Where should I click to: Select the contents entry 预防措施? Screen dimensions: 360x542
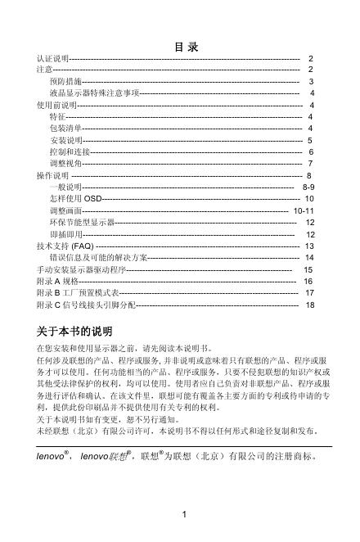click(x=65, y=83)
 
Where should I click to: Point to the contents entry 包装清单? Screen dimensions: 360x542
click(x=65, y=129)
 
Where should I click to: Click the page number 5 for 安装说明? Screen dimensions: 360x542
click(x=311, y=141)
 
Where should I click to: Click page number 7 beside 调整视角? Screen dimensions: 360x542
click(x=311, y=164)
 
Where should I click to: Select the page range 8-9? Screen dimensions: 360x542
click(x=309, y=187)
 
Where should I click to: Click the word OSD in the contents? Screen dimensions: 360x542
click(x=93, y=199)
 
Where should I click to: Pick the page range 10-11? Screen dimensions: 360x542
click(x=304, y=210)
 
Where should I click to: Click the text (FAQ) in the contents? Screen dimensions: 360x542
click(x=83, y=246)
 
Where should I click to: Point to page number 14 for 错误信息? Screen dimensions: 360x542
click(x=308, y=257)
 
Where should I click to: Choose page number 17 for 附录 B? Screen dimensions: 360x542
click(x=309, y=292)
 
